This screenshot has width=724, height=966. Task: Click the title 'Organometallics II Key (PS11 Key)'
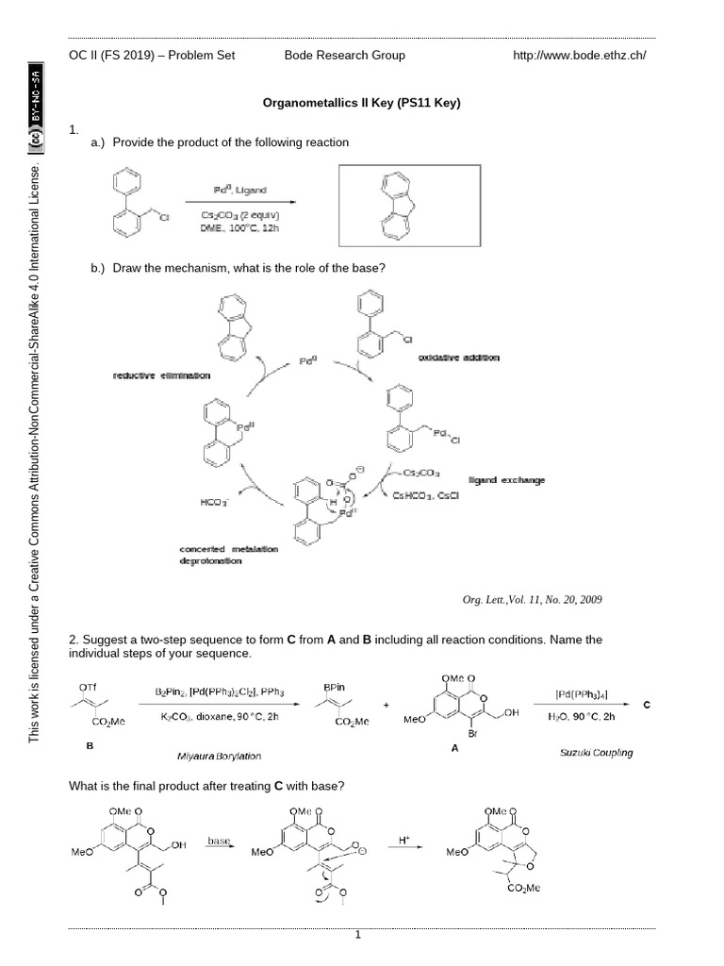pos(361,103)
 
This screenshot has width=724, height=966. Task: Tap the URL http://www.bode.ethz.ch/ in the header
pos(579,55)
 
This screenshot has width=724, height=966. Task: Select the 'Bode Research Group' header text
pos(345,55)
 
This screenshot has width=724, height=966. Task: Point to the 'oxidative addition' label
pos(459,358)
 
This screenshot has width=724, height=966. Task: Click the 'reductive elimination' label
pos(161,375)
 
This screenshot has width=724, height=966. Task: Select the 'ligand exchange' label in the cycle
pos(506,480)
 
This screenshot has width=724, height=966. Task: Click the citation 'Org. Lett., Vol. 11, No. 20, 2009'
pos(532,599)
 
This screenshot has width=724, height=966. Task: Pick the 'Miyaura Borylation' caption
pos(219,757)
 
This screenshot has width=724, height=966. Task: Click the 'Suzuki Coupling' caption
pos(596,752)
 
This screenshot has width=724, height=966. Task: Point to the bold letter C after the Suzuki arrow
pos(647,704)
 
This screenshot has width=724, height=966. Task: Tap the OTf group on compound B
pos(88,687)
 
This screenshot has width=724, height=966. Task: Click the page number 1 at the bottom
pos(358,935)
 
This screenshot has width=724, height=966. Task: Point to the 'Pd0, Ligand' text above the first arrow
pos(239,190)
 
